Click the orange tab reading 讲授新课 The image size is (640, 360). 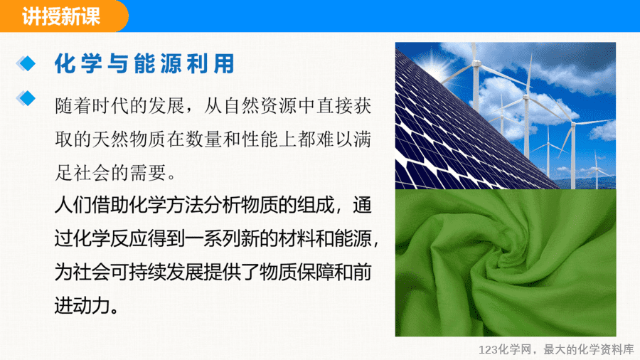coord(61,16)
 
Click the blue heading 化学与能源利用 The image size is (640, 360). coord(145,63)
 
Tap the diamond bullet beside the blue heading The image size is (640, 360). coord(26,63)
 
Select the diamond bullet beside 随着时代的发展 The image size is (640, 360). coord(26,98)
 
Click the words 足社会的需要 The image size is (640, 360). coord(111,173)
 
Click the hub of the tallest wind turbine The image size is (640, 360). coord(476,63)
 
